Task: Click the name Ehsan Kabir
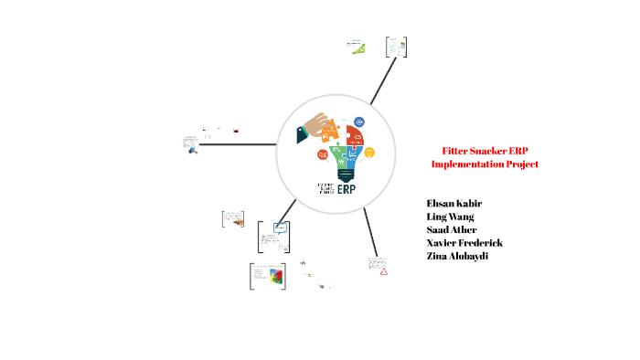coord(454,202)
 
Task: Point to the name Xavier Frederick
coord(464,243)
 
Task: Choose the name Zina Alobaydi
coord(457,257)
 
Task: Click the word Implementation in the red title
coord(475,164)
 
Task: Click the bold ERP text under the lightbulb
coord(347,190)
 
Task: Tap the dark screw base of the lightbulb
coord(347,174)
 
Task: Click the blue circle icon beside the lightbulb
coord(359,122)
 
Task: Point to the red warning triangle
coord(385,271)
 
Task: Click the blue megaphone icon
coord(193,150)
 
